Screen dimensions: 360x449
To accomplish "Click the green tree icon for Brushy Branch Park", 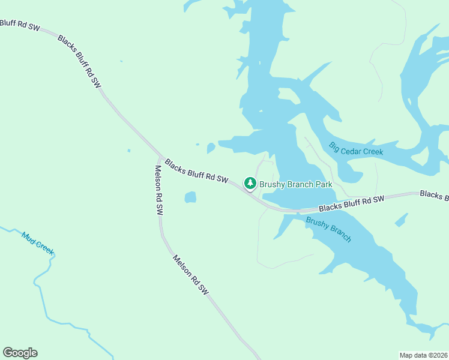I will (x=250, y=183).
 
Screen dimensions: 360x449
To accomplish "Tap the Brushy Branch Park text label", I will (x=296, y=185).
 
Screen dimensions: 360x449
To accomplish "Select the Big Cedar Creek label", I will (x=356, y=148).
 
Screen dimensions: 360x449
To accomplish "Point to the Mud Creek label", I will (x=38, y=241).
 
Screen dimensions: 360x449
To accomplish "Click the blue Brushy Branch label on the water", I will (x=328, y=229).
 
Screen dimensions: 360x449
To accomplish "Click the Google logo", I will (x=20, y=353).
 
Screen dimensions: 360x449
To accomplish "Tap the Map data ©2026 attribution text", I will (x=423, y=355).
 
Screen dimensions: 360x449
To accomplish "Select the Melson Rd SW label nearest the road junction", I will (x=159, y=190).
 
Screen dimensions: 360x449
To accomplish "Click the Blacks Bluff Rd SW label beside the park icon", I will (x=197, y=171).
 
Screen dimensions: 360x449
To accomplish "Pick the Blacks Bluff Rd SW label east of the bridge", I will (x=351, y=203).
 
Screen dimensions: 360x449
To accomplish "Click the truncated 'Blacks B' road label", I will (x=434, y=194).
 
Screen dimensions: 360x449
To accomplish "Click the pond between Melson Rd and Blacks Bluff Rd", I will (x=190, y=197).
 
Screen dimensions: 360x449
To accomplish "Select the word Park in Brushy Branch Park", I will (x=324, y=185).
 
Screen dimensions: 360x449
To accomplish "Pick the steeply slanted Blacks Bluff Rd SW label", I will (x=79, y=61).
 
